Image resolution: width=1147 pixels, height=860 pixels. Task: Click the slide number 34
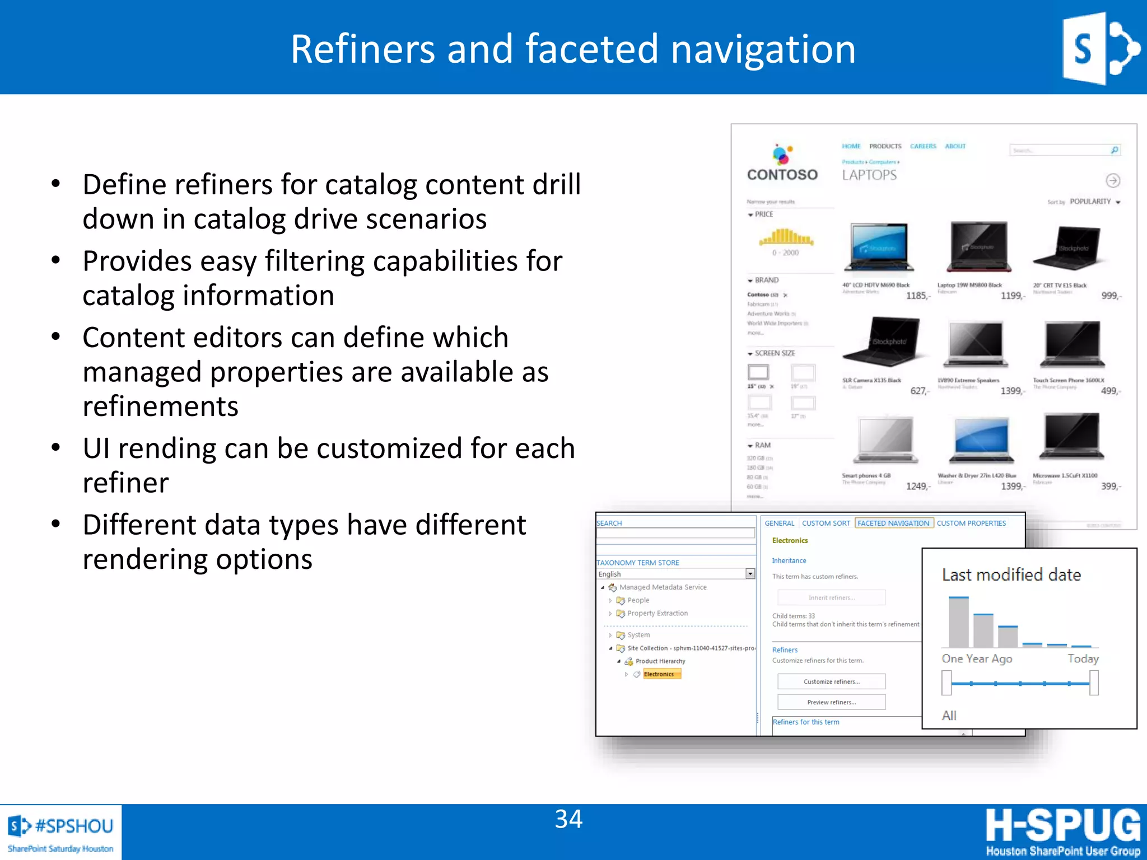click(568, 819)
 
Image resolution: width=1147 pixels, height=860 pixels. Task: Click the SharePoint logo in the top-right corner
click(1100, 49)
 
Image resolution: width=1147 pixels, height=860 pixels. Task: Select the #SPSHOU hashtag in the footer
click(74, 826)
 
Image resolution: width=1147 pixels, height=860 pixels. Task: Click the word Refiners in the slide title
click(362, 49)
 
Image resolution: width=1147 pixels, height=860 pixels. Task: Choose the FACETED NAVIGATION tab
click(893, 523)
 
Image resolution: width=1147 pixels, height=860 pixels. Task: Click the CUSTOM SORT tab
click(826, 523)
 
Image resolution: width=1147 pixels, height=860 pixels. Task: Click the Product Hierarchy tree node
click(660, 661)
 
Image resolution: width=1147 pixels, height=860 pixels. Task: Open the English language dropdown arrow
click(750, 574)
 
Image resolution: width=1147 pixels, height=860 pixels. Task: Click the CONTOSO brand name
click(782, 175)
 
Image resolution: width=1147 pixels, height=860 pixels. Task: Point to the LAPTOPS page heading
click(869, 175)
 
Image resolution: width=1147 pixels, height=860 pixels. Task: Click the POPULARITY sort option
click(1090, 202)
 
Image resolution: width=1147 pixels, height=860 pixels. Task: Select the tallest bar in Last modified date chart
click(958, 622)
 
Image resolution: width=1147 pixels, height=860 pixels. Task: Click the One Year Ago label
click(977, 658)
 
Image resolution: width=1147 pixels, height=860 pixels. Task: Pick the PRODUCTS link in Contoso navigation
click(885, 146)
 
